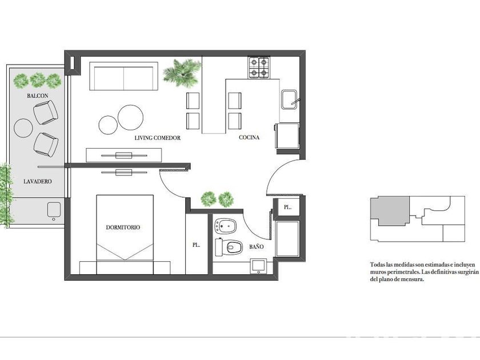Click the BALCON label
(x=37, y=96)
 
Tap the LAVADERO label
(x=37, y=181)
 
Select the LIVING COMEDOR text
(x=157, y=138)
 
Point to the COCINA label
(x=249, y=138)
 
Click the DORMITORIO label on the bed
(x=123, y=227)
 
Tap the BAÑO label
(x=256, y=246)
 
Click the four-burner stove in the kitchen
(x=259, y=67)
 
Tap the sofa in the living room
(x=123, y=76)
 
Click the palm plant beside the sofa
(x=182, y=73)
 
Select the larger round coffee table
(x=131, y=117)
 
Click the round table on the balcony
(x=23, y=128)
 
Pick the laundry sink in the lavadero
(x=54, y=211)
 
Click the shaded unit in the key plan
(x=390, y=211)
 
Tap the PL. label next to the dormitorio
(x=196, y=245)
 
